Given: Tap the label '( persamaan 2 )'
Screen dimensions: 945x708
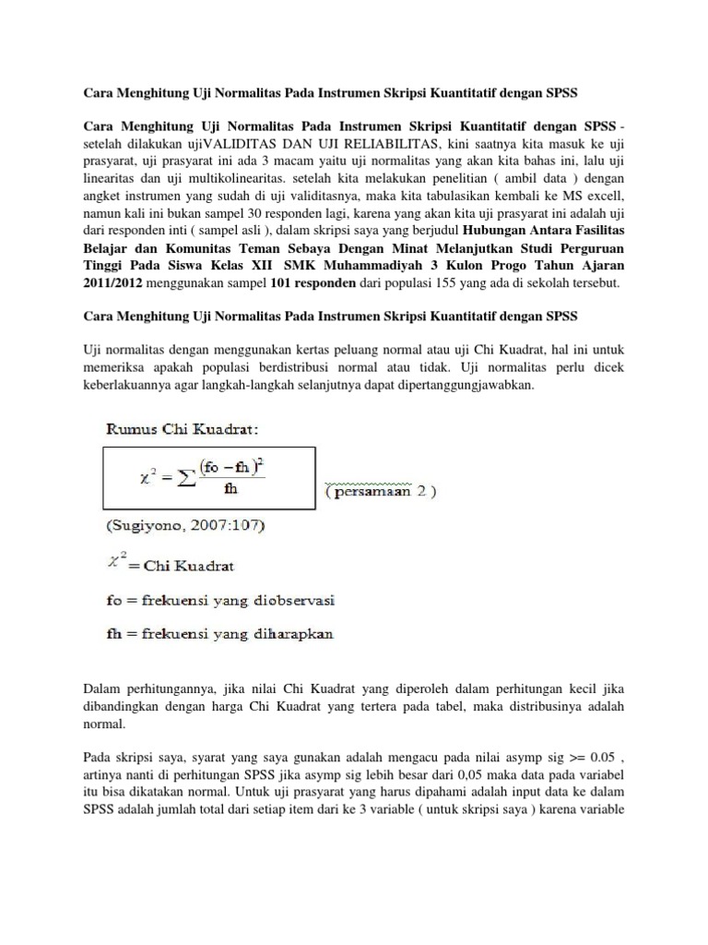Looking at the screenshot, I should tap(381, 492).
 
